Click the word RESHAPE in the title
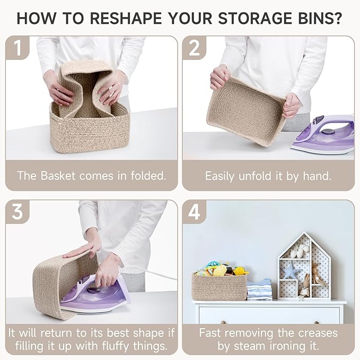click(126, 18)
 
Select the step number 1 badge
click(17, 48)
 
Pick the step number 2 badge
click(194, 48)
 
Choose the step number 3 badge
click(17, 212)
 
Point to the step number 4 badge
click(194, 212)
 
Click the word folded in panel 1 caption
click(148, 176)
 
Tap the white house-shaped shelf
click(304, 266)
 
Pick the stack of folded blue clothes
click(259, 289)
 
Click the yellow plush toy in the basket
click(220, 270)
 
